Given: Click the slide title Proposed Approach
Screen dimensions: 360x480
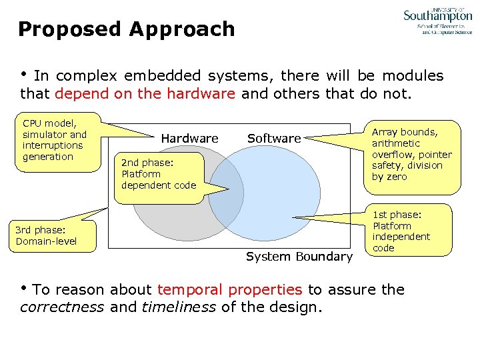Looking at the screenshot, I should [x=127, y=29].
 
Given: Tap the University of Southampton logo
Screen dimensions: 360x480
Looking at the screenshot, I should [x=437, y=20].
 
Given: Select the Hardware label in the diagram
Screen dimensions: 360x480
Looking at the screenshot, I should [x=189, y=139].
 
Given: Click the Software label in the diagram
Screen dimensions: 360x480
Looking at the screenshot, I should [x=274, y=139].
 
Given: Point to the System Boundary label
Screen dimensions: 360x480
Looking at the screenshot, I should [x=299, y=257].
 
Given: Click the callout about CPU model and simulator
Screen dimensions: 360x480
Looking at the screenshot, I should [x=59, y=140].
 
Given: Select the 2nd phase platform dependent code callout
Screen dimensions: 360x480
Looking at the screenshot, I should [x=159, y=173].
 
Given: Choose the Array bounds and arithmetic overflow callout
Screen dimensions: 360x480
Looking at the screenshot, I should [x=411, y=154].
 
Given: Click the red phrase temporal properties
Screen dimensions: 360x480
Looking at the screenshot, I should [x=230, y=289].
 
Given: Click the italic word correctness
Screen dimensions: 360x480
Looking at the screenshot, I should [x=62, y=307].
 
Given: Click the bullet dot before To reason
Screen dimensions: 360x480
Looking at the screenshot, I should [x=25, y=289].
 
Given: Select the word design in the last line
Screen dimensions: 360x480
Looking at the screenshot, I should [x=299, y=307].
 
